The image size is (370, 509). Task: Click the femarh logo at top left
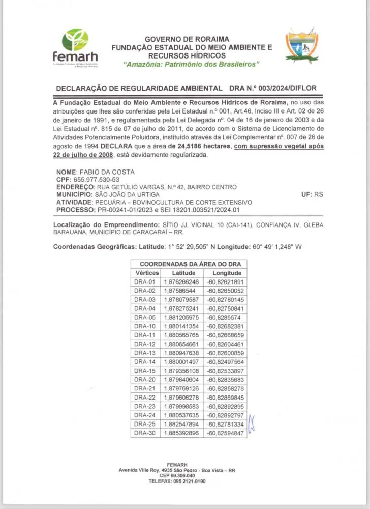click(x=75, y=48)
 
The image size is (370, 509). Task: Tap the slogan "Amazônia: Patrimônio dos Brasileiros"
click(x=191, y=65)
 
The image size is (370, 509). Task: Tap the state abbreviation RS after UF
click(x=319, y=194)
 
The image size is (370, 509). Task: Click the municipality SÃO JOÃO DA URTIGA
click(x=127, y=194)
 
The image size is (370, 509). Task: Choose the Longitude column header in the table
click(x=226, y=273)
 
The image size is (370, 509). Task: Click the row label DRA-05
click(x=144, y=317)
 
